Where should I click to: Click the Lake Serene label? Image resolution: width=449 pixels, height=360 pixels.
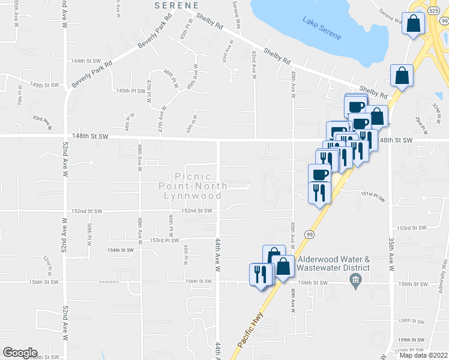click(x=323, y=30)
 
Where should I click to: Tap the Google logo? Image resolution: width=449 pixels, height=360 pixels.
click(x=20, y=353)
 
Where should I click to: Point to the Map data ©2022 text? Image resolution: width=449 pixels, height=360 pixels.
click(x=423, y=355)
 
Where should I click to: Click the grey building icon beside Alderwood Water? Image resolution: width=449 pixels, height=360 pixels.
click(x=355, y=280)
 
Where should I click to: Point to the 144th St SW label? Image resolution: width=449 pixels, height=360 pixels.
click(x=86, y=61)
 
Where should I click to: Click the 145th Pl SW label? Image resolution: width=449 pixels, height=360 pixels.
click(x=131, y=91)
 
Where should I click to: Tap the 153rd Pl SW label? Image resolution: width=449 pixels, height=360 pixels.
click(x=164, y=241)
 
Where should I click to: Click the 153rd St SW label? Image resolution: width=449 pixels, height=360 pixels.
click(x=412, y=228)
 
